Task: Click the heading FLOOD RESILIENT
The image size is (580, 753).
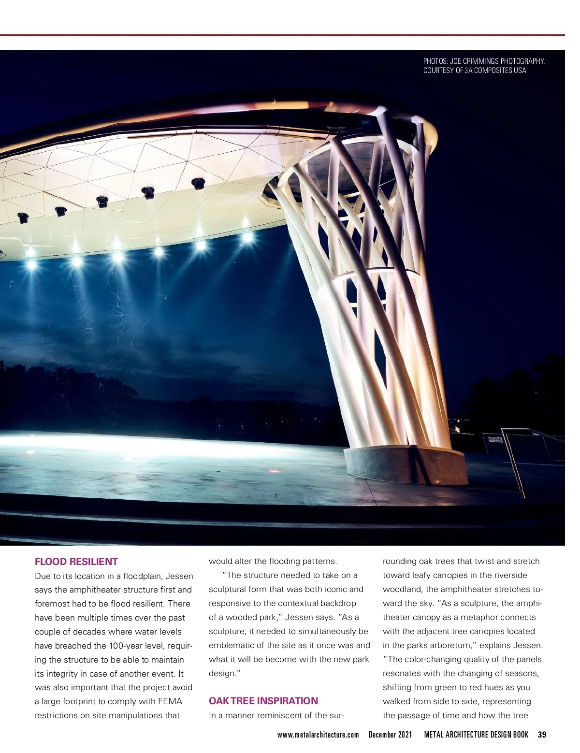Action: [x=76, y=562]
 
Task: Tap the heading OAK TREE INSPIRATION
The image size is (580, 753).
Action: [x=263, y=701]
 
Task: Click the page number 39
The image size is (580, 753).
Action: [x=542, y=735]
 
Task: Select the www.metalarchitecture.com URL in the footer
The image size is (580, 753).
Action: [x=318, y=735]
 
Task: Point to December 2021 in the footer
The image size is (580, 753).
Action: [x=390, y=735]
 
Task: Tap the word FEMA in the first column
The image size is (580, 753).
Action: [x=170, y=701]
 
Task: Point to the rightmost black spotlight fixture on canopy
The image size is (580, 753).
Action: [x=198, y=183]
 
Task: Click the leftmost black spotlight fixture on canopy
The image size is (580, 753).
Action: [x=23, y=217]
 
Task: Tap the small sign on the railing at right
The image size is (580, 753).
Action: [x=495, y=440]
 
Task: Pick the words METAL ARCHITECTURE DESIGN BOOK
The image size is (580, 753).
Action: [x=476, y=735]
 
